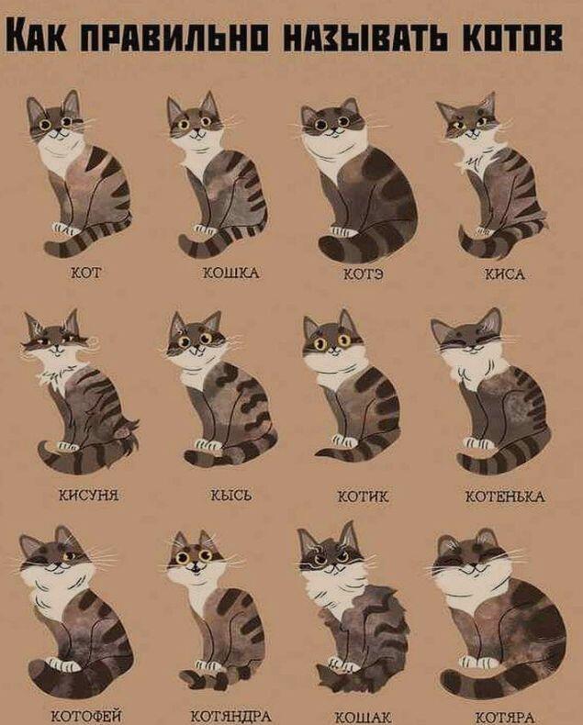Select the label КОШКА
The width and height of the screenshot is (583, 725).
pos(231,273)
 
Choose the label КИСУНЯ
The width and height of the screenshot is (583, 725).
pos(88,496)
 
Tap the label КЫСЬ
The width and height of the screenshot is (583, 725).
pos(231,496)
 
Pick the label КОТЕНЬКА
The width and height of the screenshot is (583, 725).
pos(505,497)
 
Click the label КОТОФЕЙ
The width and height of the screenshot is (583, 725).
pos(86,717)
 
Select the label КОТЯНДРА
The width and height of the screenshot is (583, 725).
pos(230,717)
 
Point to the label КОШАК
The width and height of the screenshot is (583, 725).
pos(363,718)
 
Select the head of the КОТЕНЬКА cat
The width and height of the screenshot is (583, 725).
pos(468,338)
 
